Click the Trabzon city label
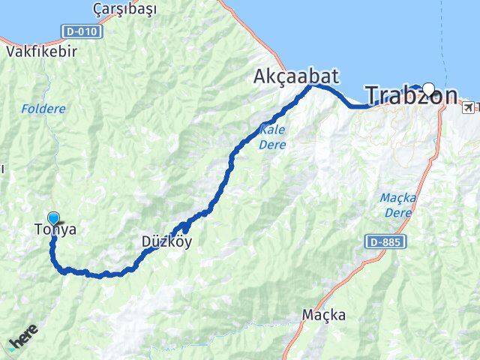(x=411, y=95)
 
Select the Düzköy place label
(x=166, y=241)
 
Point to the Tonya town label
(x=55, y=230)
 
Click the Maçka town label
(x=325, y=315)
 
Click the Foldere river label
(x=43, y=109)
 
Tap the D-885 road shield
(x=387, y=242)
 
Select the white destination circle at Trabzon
(x=428, y=88)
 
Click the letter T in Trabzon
(x=373, y=95)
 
